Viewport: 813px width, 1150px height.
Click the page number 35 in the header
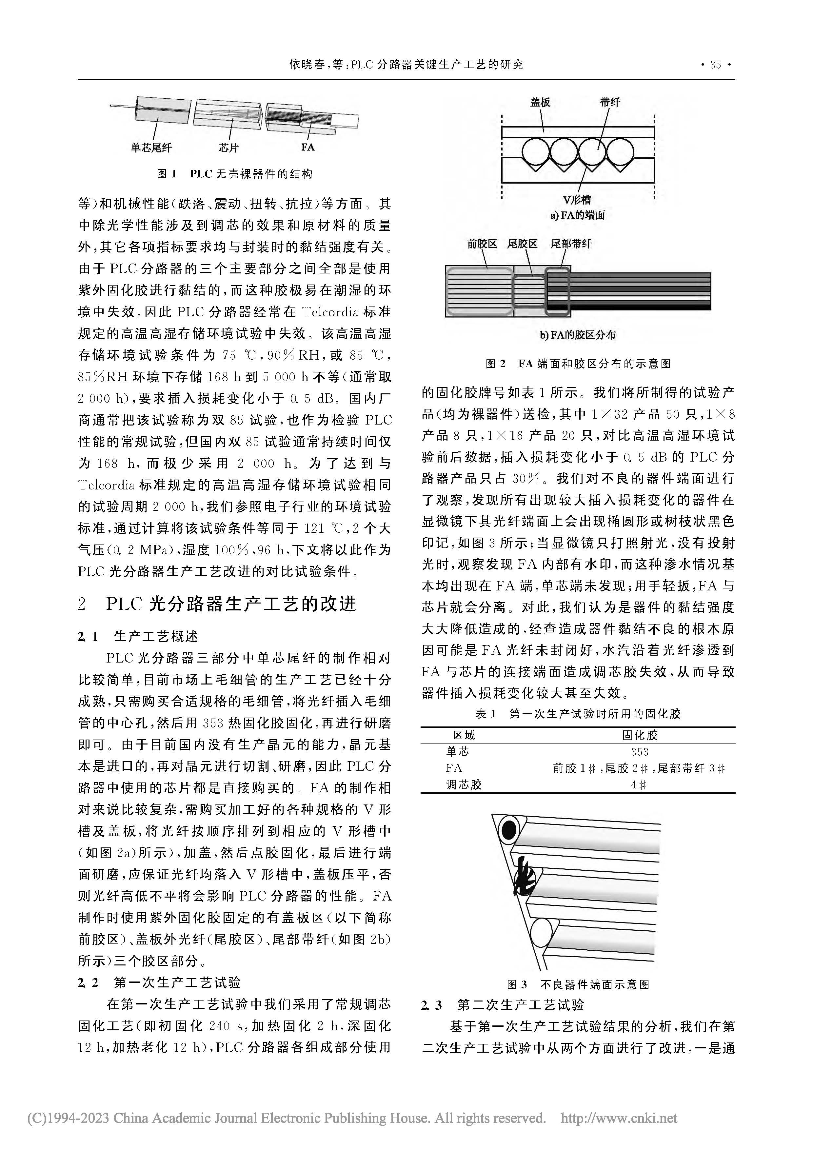coord(715,65)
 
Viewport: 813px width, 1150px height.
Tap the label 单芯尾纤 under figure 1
coord(151,148)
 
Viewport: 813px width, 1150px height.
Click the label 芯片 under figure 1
coord(228,148)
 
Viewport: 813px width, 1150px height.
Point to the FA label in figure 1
coord(307,147)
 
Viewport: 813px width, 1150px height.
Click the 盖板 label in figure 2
coord(541,102)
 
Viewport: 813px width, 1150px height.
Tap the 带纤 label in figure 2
coord(610,102)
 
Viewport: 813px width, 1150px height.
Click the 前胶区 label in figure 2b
coord(482,244)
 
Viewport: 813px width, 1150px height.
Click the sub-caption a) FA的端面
coord(578,215)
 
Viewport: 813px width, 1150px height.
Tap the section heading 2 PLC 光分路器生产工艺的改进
coord(217,604)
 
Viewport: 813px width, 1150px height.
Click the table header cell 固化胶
coord(640,735)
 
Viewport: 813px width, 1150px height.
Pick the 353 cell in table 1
coord(640,752)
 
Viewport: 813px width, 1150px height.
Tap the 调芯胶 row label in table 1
coord(464,785)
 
